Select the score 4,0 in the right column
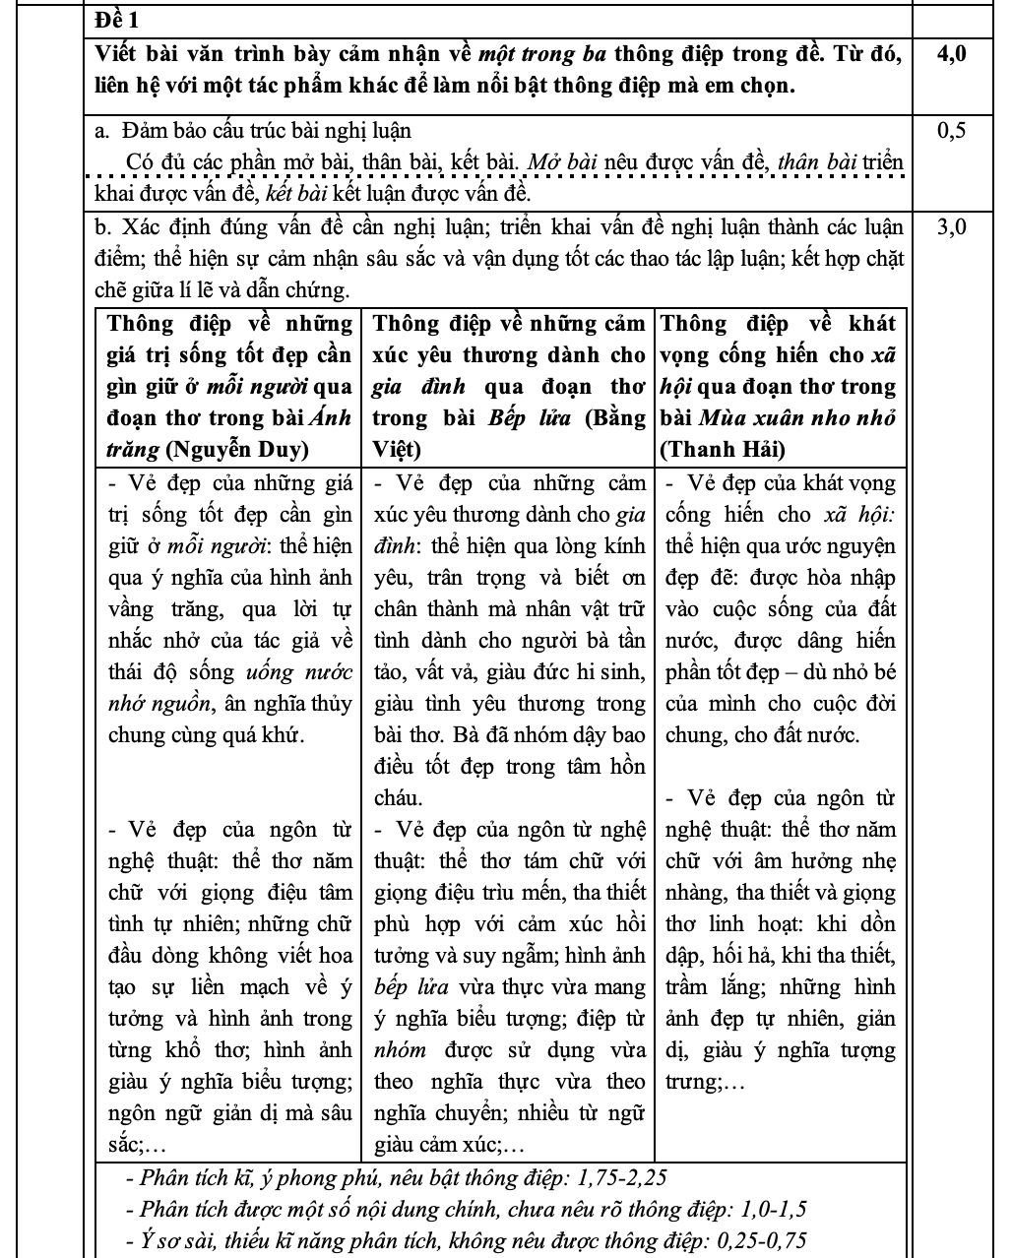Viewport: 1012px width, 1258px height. coord(952,54)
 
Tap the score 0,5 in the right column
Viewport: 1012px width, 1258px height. coord(952,130)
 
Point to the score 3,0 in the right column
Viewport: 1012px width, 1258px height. coord(952,228)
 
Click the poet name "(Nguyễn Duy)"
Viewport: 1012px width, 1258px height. coord(237,450)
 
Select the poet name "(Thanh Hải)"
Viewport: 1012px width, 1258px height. coord(723,450)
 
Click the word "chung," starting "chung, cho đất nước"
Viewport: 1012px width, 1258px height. coord(693,735)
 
